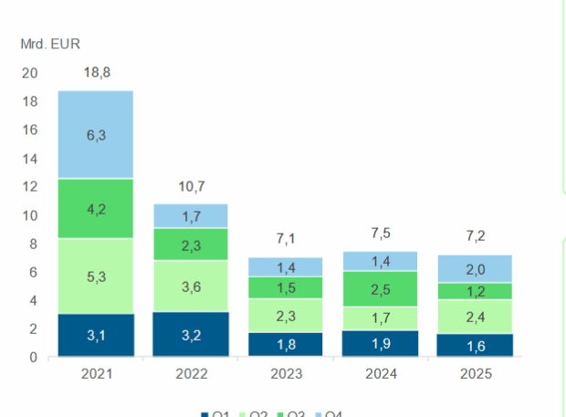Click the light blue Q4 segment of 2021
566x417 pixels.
point(96,134)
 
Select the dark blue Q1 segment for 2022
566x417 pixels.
point(191,334)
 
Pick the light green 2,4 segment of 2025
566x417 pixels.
point(475,317)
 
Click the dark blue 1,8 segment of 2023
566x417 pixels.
point(285,344)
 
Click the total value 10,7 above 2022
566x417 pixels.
point(191,188)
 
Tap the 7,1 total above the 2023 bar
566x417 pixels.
point(285,240)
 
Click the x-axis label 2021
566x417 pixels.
point(96,374)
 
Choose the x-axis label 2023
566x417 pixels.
point(285,374)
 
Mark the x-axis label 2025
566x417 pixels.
point(475,374)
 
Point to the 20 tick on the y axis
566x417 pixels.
point(30,73)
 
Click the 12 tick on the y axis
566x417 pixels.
point(30,187)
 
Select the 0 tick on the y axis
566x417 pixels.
point(34,357)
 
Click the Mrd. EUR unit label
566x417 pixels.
point(51,42)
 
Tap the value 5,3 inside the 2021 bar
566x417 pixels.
point(96,276)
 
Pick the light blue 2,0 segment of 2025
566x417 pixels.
point(475,268)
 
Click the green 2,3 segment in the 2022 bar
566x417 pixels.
point(191,245)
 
